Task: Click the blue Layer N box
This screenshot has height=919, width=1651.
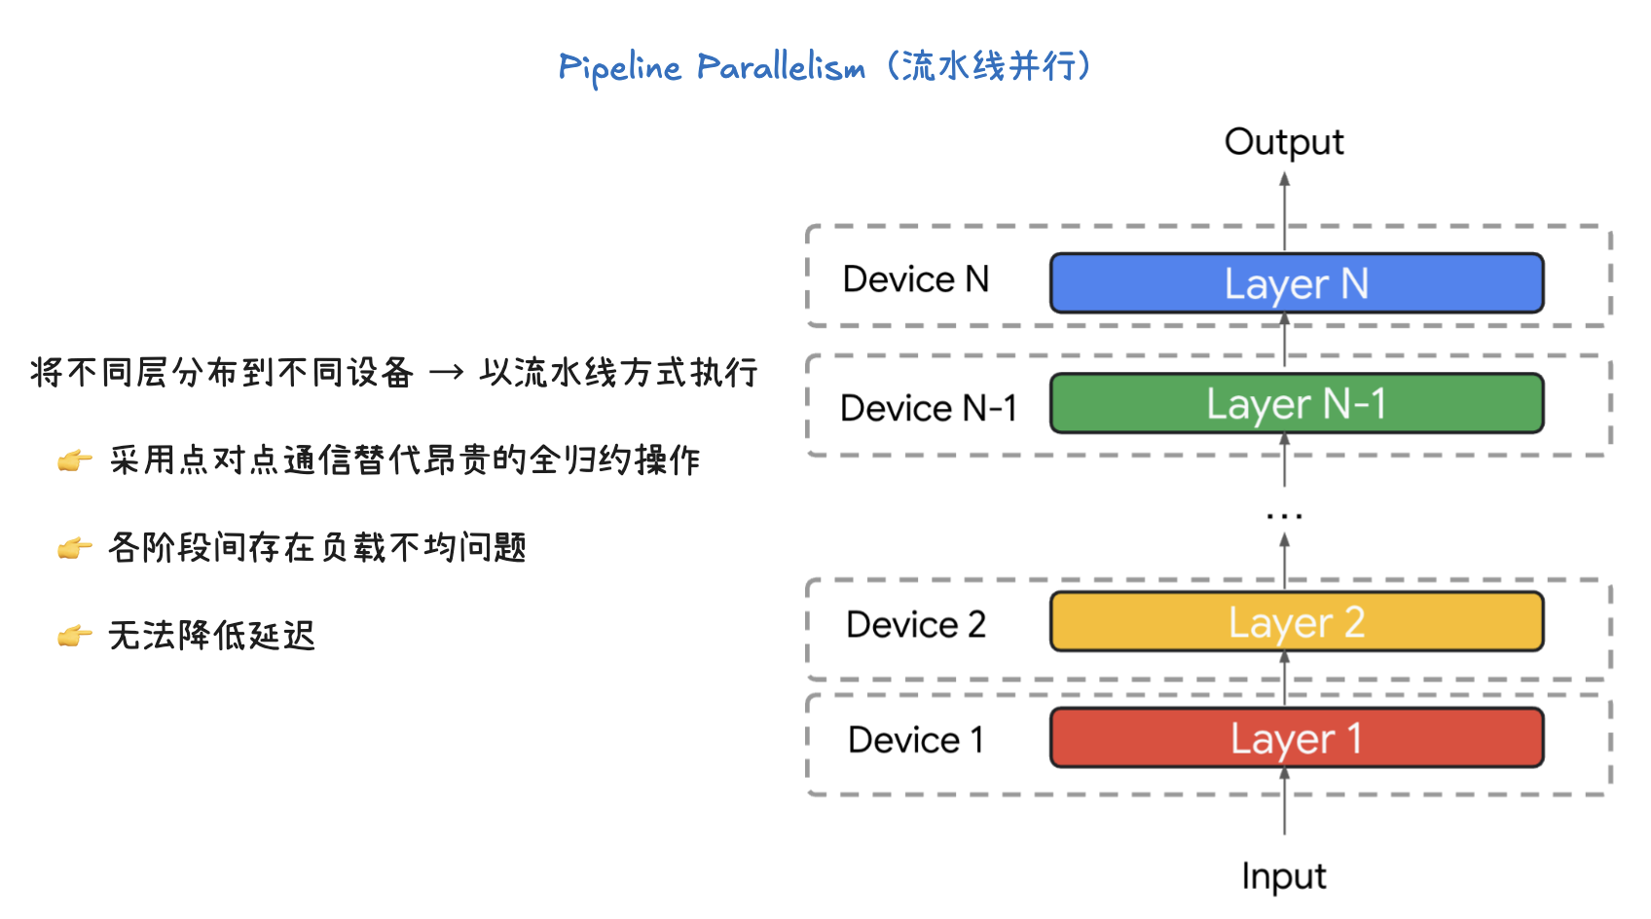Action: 1296,283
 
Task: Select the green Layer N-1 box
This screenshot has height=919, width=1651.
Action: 1296,404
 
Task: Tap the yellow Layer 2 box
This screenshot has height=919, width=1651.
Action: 1296,622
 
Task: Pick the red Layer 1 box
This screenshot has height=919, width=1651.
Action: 1296,738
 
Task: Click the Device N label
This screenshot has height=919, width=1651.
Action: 915,279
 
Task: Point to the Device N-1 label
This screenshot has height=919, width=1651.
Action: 928,408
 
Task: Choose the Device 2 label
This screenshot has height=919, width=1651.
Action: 915,624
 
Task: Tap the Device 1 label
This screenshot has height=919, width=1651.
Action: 915,740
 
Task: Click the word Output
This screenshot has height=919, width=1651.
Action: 1283,142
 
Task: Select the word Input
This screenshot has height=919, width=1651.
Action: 1283,876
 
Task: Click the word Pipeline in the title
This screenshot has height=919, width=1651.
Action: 619,68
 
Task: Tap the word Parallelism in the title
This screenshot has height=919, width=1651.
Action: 781,67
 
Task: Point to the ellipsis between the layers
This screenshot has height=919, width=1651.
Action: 1284,515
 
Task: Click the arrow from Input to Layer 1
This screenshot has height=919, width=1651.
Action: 1284,802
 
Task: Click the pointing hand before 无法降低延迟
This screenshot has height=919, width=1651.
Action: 74,637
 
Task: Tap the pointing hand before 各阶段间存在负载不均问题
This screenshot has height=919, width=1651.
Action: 74,549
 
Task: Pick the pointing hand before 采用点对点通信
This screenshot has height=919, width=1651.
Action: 74,460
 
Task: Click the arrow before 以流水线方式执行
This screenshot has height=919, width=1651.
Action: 446,373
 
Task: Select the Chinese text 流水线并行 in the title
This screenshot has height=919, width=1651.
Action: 988,66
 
